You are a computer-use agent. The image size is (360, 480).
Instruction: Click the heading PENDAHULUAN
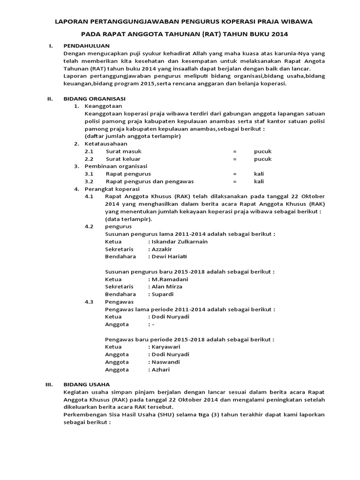click(x=86, y=45)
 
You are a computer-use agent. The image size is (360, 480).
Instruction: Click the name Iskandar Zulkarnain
click(x=179, y=241)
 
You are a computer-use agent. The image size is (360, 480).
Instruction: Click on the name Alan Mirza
click(x=166, y=286)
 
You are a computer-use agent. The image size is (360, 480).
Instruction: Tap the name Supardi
click(x=162, y=294)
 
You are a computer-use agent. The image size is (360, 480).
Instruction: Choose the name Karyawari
click(x=166, y=347)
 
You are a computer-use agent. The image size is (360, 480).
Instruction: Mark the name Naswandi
click(x=165, y=362)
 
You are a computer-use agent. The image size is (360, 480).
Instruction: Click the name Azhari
click(x=160, y=369)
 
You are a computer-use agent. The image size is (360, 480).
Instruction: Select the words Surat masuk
click(x=123, y=151)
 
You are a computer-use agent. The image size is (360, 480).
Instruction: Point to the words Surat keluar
click(x=123, y=159)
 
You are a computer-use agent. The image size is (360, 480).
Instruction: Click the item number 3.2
click(x=89, y=181)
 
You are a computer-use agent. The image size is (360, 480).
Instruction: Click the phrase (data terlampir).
click(x=128, y=219)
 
